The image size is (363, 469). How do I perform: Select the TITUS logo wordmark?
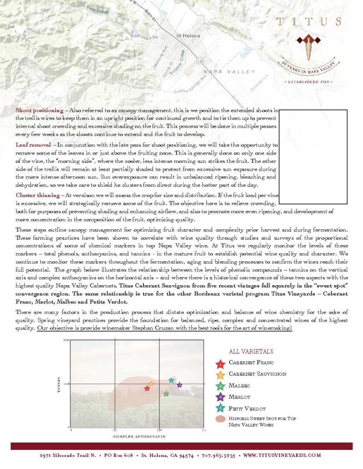tap(309, 22)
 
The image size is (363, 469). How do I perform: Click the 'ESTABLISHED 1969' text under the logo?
tap(309, 81)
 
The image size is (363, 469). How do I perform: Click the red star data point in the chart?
tap(147, 388)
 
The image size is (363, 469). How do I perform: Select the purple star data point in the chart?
tap(180, 385)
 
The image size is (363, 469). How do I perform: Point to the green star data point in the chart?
tap(166, 394)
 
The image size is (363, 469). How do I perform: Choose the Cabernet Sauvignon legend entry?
tap(257, 373)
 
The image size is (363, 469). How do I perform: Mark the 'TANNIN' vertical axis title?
tap(58, 385)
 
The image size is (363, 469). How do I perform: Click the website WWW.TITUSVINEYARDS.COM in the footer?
tap(282, 456)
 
